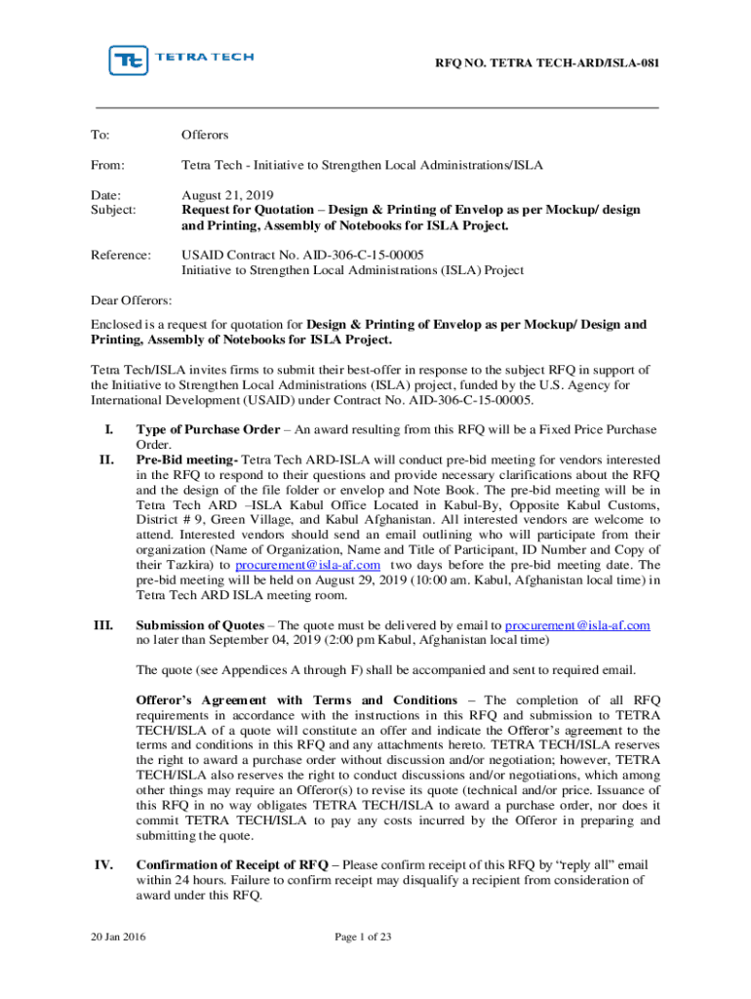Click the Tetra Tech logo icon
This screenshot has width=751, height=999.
(128, 60)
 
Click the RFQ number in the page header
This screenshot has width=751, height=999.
(546, 63)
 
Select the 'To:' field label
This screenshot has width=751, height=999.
(100, 135)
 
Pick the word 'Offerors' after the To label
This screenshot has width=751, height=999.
(205, 135)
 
